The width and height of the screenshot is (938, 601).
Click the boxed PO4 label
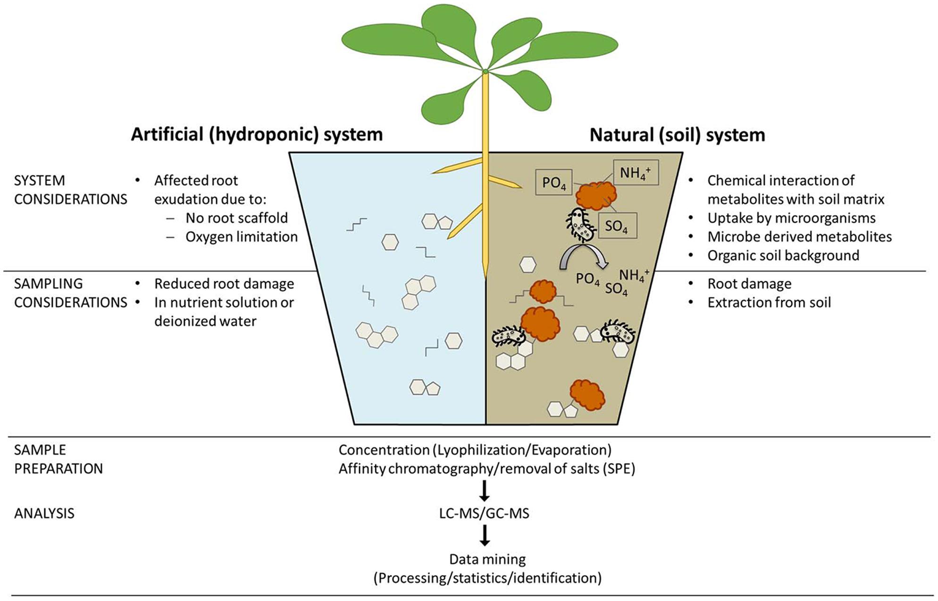(x=553, y=183)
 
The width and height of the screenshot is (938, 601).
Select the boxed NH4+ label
(x=635, y=173)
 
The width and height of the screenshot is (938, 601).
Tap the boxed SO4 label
(x=617, y=226)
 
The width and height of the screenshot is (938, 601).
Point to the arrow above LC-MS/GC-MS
(x=484, y=491)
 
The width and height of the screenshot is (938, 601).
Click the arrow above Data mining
(x=484, y=535)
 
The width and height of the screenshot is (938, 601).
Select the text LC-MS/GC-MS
(x=484, y=513)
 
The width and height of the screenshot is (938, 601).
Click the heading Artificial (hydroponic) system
(x=257, y=134)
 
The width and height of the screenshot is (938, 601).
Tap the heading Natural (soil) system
(x=677, y=135)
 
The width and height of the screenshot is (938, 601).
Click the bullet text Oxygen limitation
(x=242, y=237)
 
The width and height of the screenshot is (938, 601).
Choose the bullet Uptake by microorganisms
(x=791, y=218)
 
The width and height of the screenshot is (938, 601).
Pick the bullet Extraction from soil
(x=769, y=302)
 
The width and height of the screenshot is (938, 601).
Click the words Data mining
(x=487, y=559)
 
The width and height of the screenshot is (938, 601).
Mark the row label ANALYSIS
(x=44, y=513)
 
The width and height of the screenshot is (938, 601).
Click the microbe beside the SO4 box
(x=579, y=225)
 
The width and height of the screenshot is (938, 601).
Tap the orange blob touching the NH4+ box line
(x=597, y=194)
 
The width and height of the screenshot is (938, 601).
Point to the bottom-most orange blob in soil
(x=587, y=395)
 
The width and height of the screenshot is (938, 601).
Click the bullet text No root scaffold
(x=236, y=218)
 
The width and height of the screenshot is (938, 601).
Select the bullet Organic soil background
(x=783, y=256)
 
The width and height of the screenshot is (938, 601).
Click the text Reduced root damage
(x=224, y=284)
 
